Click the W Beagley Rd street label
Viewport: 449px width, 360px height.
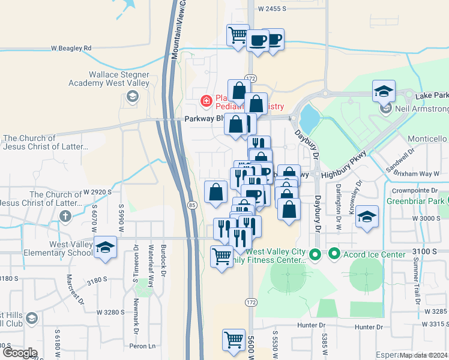(71, 48)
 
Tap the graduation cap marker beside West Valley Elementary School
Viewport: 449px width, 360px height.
(105, 247)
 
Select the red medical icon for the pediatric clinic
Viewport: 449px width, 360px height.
(206, 101)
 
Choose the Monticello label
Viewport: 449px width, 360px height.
(427, 139)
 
